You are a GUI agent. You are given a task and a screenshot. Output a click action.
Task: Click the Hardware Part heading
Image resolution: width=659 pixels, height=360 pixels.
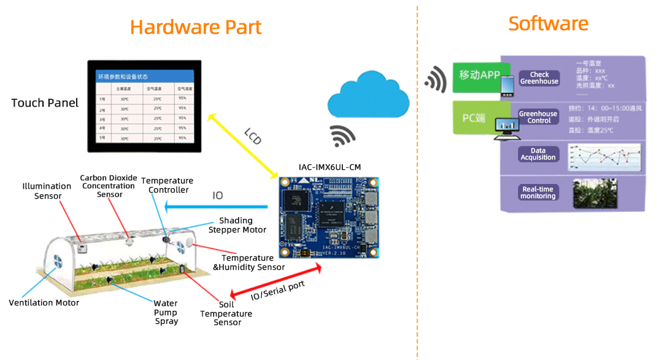[196, 27]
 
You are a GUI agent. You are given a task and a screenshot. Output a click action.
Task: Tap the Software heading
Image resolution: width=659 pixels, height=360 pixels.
[548, 23]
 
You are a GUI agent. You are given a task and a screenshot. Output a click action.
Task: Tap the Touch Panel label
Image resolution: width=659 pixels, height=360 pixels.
[45, 102]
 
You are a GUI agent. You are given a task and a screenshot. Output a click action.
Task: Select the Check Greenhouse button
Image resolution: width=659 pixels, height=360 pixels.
[539, 78]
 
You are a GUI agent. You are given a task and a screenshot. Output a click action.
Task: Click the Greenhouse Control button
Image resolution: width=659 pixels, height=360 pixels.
[538, 117]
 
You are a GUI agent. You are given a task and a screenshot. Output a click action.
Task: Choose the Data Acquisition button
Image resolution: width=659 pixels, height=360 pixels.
[538, 154]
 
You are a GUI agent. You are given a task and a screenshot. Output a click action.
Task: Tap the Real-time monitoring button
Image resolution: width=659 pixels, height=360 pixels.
[538, 193]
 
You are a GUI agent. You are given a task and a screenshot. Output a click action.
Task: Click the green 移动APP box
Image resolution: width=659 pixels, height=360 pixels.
[479, 75]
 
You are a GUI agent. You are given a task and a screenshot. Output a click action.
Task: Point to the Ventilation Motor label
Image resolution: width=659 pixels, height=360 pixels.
[44, 302]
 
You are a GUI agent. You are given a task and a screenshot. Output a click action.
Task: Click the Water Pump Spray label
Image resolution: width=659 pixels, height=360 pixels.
[166, 312]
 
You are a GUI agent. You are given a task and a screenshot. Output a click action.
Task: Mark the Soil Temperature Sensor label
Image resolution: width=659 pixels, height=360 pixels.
[226, 313]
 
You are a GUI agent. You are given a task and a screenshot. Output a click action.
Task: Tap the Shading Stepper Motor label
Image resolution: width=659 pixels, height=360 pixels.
[237, 225]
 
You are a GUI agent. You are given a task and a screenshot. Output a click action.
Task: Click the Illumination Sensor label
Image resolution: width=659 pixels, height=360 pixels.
[47, 191]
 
